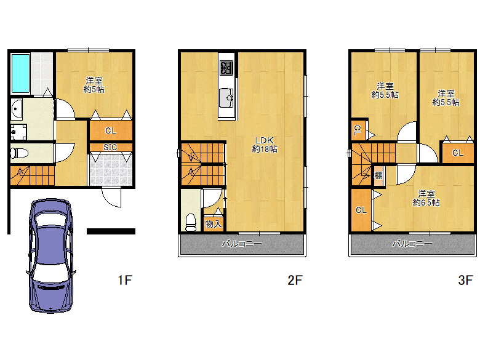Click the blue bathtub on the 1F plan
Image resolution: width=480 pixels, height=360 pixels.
pos(20,73)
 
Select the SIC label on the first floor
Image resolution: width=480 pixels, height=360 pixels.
pos(110,147)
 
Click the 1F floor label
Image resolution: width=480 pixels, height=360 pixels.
pos(125,280)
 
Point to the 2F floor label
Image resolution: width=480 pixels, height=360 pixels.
pos(295,280)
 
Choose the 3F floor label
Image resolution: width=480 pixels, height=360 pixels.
pos(466,280)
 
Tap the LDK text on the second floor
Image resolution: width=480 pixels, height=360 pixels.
pos(264,140)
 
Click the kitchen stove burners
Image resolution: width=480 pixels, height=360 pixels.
pos(226,68)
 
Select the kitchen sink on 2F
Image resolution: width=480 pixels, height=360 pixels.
pos(226,98)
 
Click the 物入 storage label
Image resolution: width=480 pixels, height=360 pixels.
pos(214,224)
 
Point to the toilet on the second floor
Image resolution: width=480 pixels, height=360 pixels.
pos(191,222)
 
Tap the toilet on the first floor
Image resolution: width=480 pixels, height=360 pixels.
pos(19,153)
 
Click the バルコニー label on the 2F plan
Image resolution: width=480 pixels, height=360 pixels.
pos(242,244)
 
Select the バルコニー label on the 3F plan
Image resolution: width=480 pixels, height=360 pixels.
pos(412,244)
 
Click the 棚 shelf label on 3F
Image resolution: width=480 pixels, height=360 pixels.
pos(378,175)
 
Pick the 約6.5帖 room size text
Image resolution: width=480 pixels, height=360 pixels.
pos(426,202)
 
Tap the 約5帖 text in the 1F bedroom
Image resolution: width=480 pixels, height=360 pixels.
pos(94,89)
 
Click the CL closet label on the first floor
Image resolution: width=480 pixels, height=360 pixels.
pos(111,130)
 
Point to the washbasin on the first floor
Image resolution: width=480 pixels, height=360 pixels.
pos(17,110)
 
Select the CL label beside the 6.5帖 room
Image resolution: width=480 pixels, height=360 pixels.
pos(361,210)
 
